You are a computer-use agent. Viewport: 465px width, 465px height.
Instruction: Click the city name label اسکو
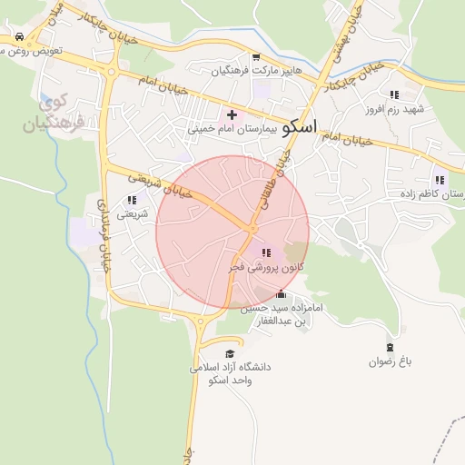301,127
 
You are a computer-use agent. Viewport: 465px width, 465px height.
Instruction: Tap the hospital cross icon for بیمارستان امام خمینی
232,114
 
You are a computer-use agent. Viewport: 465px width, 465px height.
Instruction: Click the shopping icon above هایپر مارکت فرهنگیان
255,57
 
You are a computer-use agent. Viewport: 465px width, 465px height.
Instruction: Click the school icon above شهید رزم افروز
393,94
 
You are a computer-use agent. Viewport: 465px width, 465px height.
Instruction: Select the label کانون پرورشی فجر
269,268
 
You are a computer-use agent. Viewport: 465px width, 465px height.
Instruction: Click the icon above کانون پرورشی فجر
265,252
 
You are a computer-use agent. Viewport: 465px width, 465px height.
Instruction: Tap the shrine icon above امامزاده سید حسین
280,294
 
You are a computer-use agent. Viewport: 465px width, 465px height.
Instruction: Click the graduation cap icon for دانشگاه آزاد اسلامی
230,353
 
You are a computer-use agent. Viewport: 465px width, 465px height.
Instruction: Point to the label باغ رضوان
391,361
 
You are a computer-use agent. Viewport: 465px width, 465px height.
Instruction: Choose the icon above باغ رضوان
391,346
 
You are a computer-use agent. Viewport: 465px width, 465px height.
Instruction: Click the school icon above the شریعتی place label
132,200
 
